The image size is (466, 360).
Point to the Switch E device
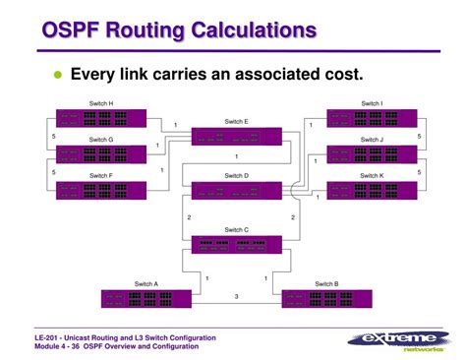pyautogui.click(x=235, y=136)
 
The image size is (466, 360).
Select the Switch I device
pyautogui.click(x=371, y=117)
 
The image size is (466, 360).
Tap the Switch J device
pyautogui.click(x=371, y=153)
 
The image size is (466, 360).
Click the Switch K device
pyautogui.click(x=371, y=190)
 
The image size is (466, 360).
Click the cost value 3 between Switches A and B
pyautogui.click(x=235, y=297)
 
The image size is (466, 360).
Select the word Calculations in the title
pyautogui.click(x=260, y=30)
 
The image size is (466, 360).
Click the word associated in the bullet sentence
pyautogui.click(x=270, y=75)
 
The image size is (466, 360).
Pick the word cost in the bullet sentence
pyautogui.click(x=342, y=75)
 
